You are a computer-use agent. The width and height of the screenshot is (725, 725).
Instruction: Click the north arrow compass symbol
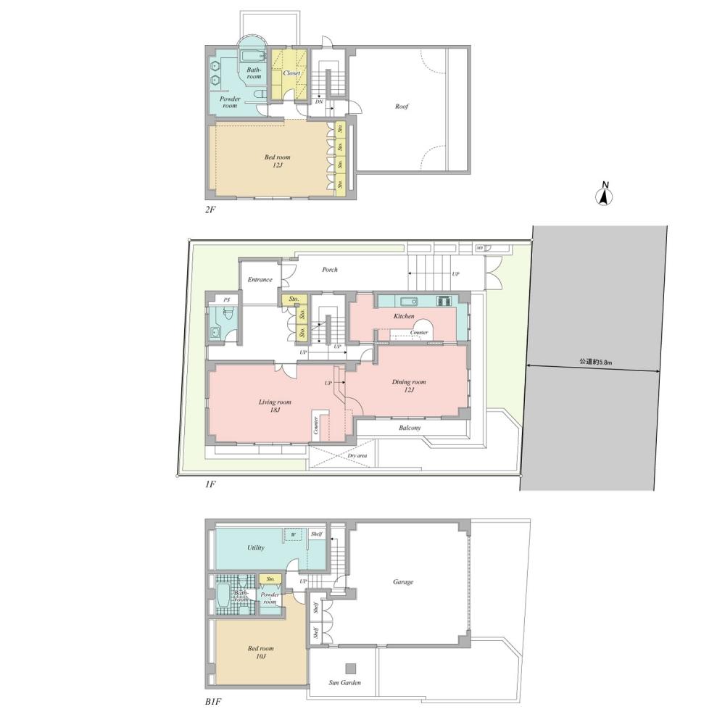[x=605, y=195]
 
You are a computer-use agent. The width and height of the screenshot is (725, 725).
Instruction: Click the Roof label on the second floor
[x=402, y=107]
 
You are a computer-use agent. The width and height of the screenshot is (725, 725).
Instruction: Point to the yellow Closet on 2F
[x=291, y=73]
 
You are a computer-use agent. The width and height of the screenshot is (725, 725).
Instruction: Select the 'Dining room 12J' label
[x=409, y=386]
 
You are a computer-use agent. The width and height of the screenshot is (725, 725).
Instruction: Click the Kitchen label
[x=404, y=316]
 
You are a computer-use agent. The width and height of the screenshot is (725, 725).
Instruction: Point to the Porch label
[x=330, y=270]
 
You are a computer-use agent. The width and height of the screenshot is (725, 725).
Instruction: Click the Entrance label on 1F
[x=260, y=280]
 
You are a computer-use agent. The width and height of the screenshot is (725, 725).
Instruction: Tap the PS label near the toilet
[x=227, y=299]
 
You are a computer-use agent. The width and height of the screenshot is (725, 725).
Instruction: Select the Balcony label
[x=410, y=428]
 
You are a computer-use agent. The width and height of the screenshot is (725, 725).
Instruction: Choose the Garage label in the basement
[x=403, y=581]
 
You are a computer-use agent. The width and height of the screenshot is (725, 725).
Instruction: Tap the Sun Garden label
[x=345, y=683]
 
